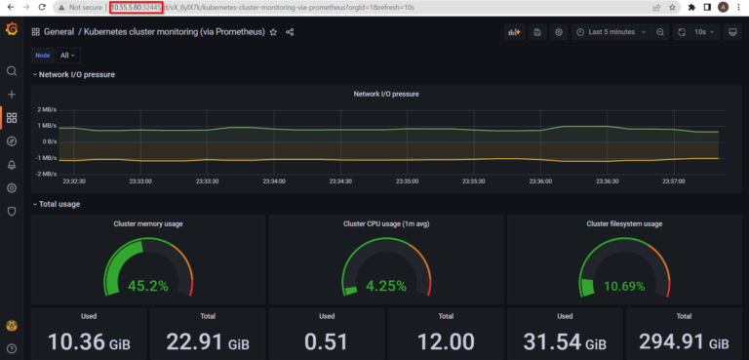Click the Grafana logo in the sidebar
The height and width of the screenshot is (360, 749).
(11, 31)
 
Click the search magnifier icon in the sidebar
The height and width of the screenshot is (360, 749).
(11, 71)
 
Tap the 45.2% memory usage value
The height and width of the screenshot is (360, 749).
(149, 286)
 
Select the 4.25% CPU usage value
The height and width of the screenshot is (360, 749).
(386, 286)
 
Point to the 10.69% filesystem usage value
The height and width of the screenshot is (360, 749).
(623, 286)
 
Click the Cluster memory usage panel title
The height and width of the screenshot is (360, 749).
(149, 223)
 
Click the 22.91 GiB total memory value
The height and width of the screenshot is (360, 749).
(207, 341)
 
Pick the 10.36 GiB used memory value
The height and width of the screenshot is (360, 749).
(88, 341)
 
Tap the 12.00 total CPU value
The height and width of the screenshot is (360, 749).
(445, 341)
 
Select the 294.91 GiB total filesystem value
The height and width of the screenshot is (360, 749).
(683, 341)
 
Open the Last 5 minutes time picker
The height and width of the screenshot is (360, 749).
(611, 32)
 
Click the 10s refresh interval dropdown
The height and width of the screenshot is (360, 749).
(702, 32)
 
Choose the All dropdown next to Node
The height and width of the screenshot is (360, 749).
(68, 56)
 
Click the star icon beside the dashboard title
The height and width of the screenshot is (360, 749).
(274, 32)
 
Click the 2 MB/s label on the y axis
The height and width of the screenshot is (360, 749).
(47, 109)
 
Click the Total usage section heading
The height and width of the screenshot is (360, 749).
(59, 204)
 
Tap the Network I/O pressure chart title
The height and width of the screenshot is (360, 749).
(385, 94)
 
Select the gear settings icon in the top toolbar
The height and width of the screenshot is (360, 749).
(559, 32)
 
